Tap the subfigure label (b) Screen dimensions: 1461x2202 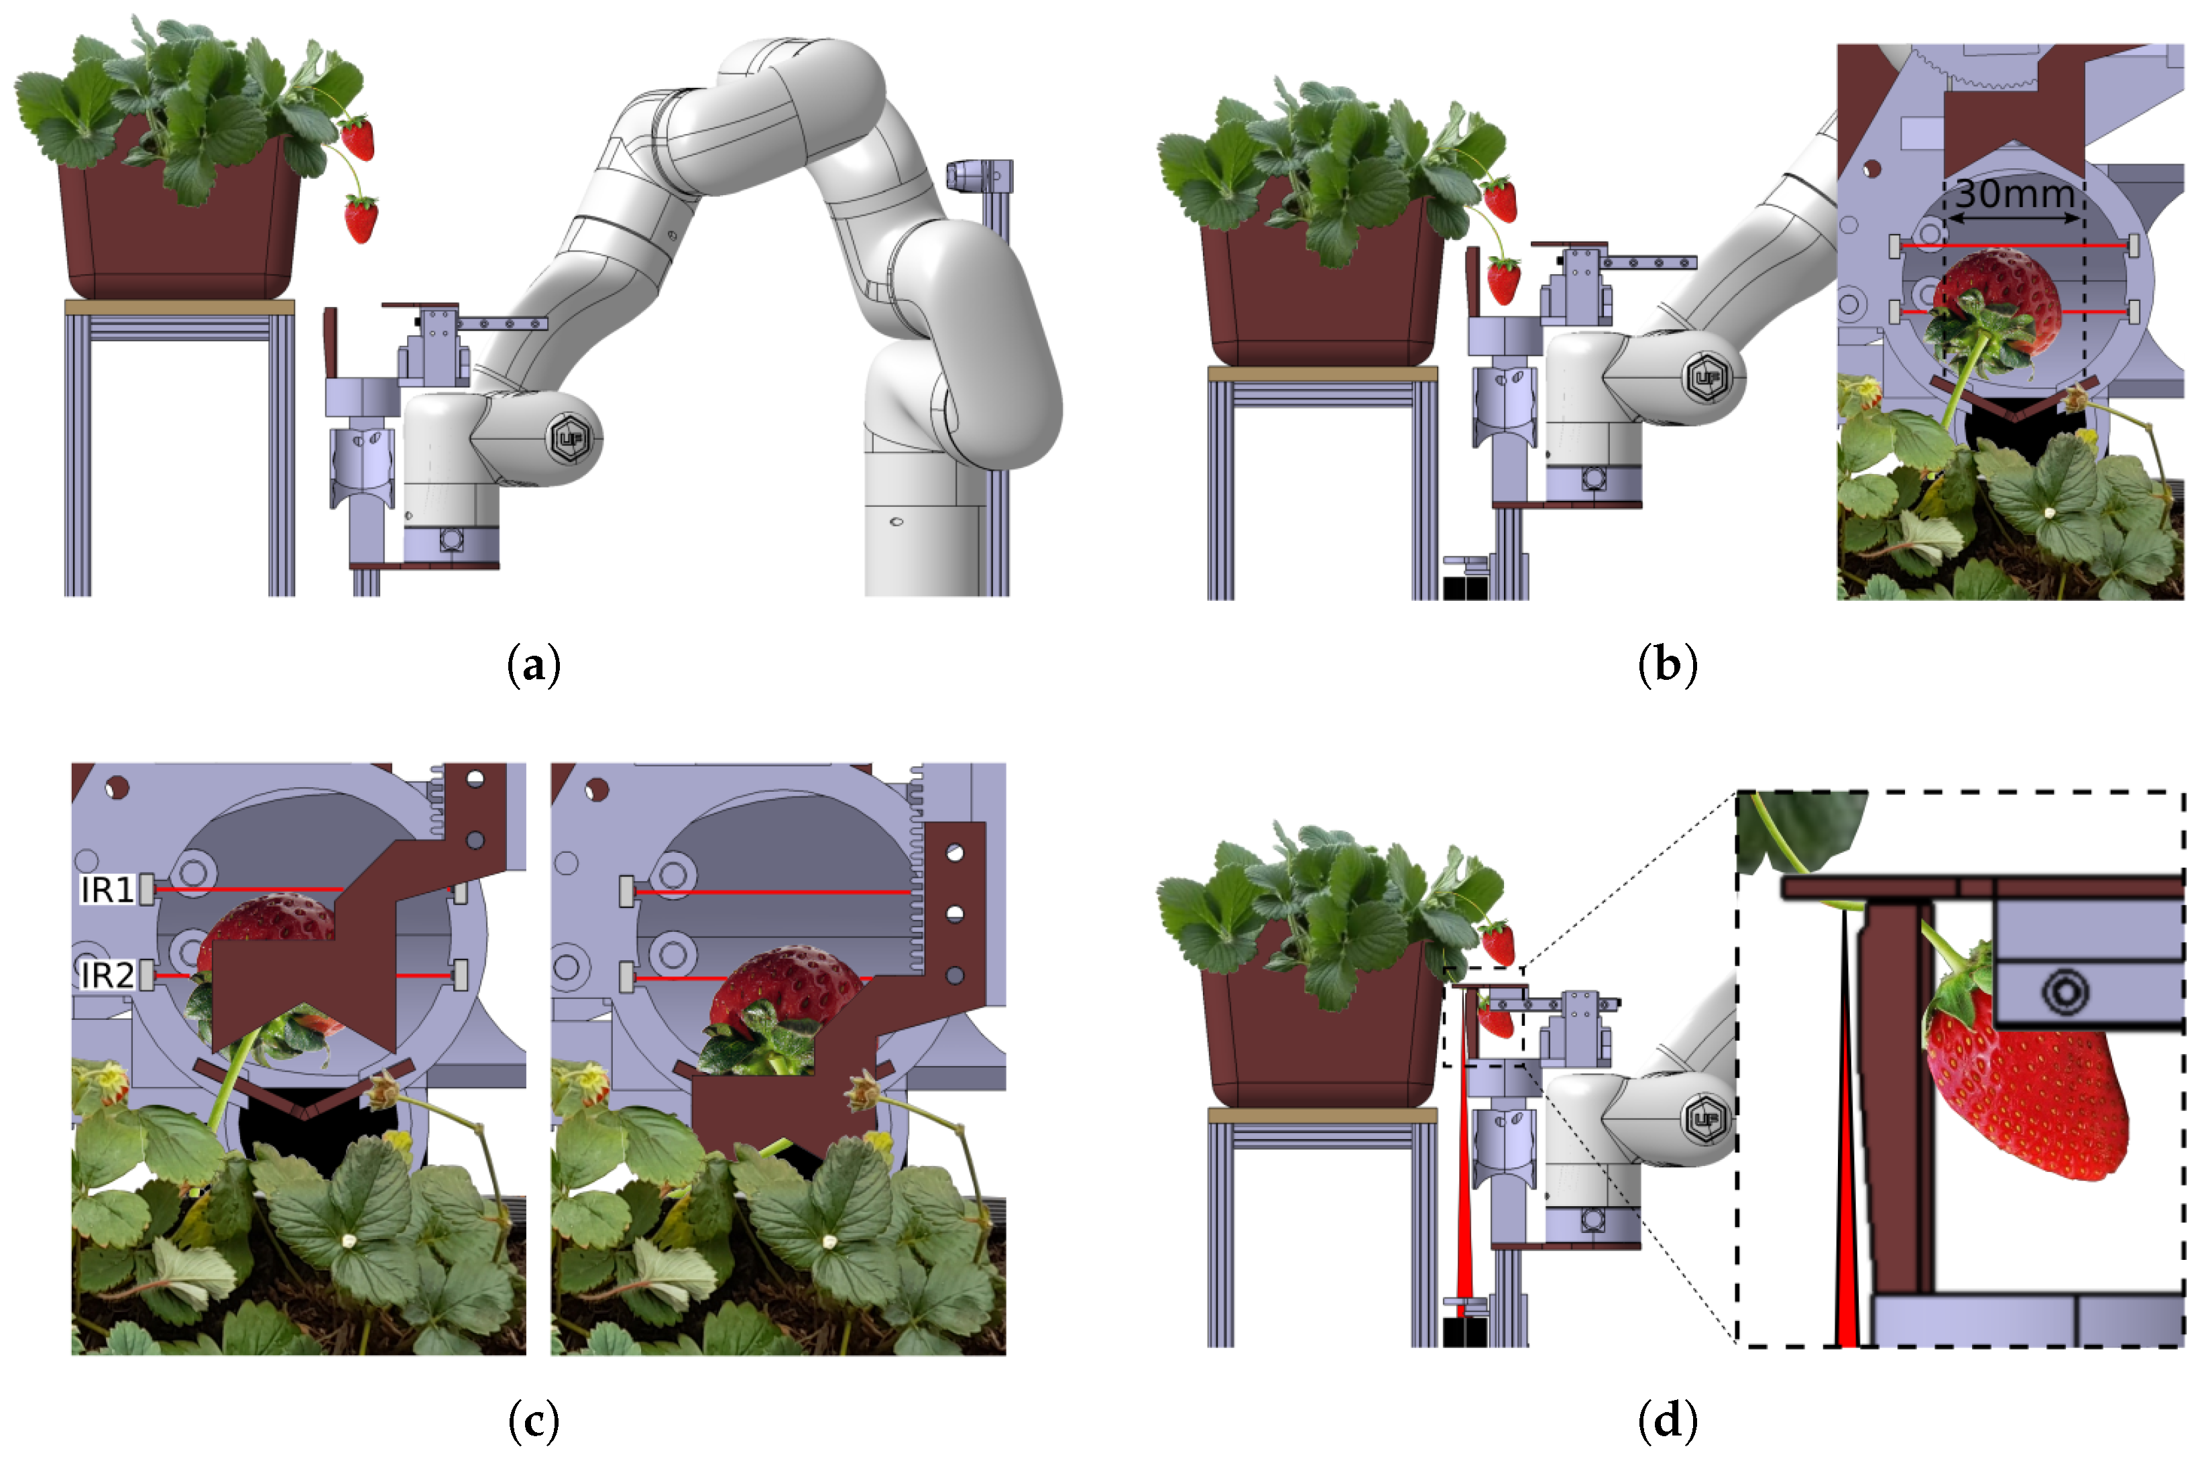(1667, 665)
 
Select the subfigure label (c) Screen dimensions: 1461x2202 (534, 1421)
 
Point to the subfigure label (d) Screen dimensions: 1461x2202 (1667, 1421)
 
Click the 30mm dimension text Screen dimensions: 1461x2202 (2014, 194)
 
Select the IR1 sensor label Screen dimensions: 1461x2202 (108, 890)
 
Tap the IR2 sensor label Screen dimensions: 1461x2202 (107, 976)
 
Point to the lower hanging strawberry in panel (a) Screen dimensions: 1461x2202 (361, 219)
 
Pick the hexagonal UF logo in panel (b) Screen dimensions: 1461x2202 (1707, 377)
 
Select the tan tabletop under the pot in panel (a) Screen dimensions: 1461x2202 (179, 306)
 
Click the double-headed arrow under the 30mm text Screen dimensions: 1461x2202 (2014, 219)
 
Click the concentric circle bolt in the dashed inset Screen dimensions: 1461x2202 (2063, 990)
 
